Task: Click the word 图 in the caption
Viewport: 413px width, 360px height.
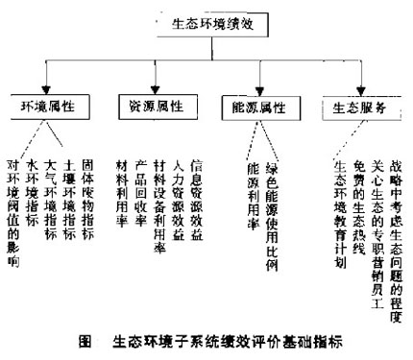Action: [x=84, y=341]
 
